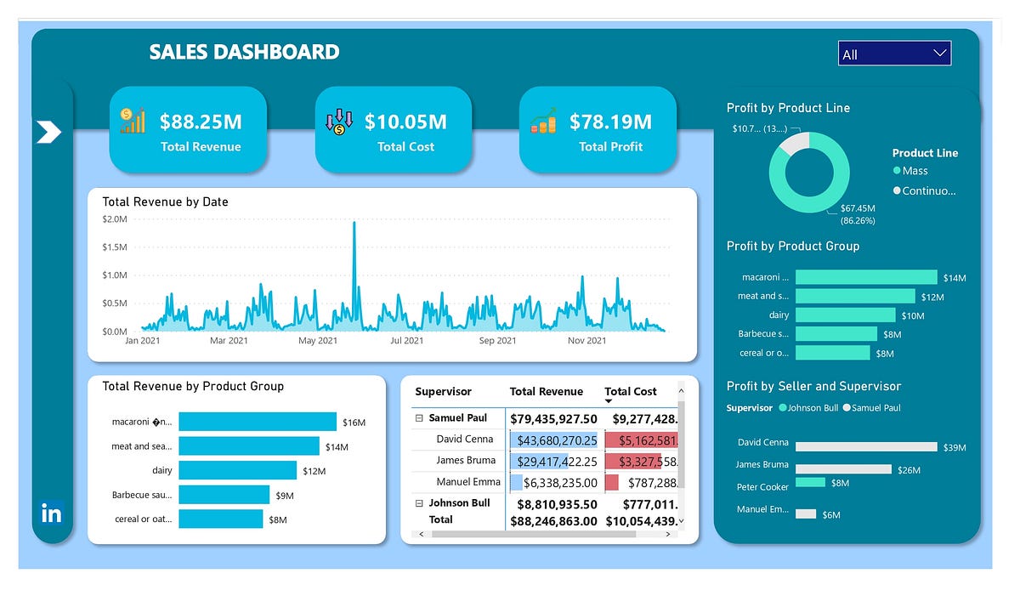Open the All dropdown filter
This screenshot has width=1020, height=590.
point(894,54)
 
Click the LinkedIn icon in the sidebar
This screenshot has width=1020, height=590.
point(52,513)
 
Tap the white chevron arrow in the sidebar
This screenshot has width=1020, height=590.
point(48,132)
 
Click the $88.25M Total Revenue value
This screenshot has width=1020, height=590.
point(201,122)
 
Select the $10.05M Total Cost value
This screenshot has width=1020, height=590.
point(405,122)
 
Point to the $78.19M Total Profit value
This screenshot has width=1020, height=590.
point(610,122)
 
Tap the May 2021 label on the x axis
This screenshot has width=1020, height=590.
point(318,341)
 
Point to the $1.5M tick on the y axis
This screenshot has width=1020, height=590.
point(114,247)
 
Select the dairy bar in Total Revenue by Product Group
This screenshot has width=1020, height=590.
point(237,470)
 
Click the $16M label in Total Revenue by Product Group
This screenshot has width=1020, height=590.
point(354,423)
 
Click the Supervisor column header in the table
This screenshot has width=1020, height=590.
point(443,392)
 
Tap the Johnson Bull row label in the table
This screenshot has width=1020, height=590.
point(459,503)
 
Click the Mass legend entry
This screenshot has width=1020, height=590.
point(915,171)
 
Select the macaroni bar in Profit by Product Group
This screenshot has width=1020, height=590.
point(865,277)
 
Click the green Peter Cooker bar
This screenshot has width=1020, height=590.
point(810,482)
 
